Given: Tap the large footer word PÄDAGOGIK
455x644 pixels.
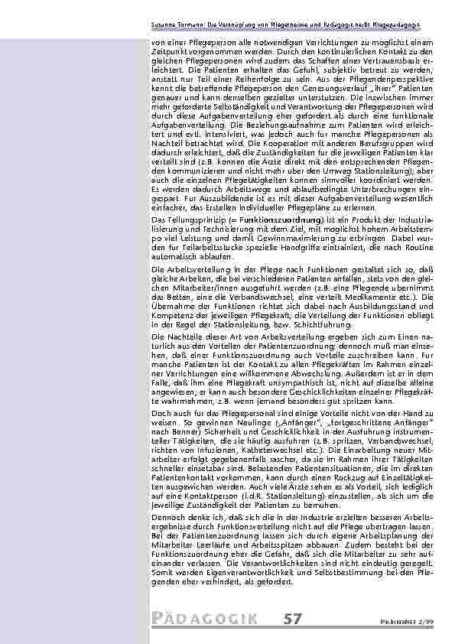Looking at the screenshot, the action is coord(203,616).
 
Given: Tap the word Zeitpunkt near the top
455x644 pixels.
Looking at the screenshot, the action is coord(172,48).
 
